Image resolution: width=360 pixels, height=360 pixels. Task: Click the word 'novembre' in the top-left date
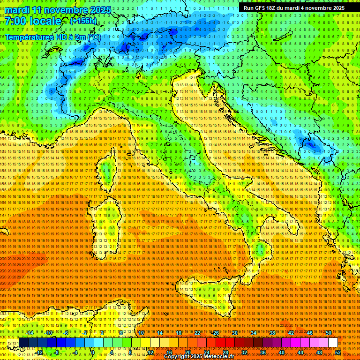(67, 10)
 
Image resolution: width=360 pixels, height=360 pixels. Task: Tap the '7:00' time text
(15, 21)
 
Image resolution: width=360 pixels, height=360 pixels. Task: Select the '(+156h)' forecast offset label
(83, 21)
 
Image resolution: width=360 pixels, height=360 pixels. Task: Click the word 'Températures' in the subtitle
(28, 37)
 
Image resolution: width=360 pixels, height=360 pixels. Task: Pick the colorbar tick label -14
(30, 332)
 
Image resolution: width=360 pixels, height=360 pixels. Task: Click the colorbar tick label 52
(337, 352)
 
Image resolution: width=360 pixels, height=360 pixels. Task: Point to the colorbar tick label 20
(188, 352)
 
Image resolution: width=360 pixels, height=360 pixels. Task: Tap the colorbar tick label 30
(235, 332)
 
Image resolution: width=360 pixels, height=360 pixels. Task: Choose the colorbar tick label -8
(57, 352)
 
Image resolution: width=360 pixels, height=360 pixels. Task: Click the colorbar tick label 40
(282, 352)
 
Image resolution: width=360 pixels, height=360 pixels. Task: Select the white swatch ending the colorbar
(333, 343)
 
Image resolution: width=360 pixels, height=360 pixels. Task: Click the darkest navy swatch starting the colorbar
(23, 343)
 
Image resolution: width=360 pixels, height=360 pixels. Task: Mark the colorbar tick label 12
(150, 352)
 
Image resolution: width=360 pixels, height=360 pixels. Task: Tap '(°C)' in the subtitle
(93, 37)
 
